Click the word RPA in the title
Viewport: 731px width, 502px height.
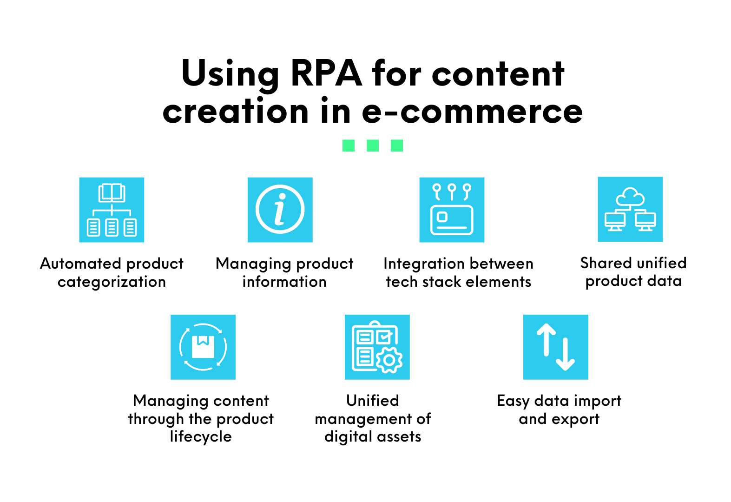pyautogui.click(x=326, y=73)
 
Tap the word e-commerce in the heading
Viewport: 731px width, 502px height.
pyautogui.click(x=472, y=112)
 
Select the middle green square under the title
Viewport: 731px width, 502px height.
pyautogui.click(x=373, y=145)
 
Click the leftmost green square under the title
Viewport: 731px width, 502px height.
pyautogui.click(x=349, y=145)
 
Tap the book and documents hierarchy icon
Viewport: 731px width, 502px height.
pyautogui.click(x=112, y=210)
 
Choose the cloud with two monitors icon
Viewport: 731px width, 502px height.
pyautogui.click(x=630, y=209)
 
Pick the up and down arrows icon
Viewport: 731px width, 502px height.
pyautogui.click(x=556, y=347)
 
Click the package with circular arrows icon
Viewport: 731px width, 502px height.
pyautogui.click(x=203, y=347)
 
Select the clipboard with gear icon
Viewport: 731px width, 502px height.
pyautogui.click(x=377, y=347)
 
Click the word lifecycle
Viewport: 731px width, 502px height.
pyautogui.click(x=201, y=437)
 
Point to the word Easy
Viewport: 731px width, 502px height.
pyautogui.click(x=513, y=401)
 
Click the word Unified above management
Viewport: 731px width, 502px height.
pyautogui.click(x=373, y=401)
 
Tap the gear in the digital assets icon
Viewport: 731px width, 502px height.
pyautogui.click(x=389, y=360)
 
